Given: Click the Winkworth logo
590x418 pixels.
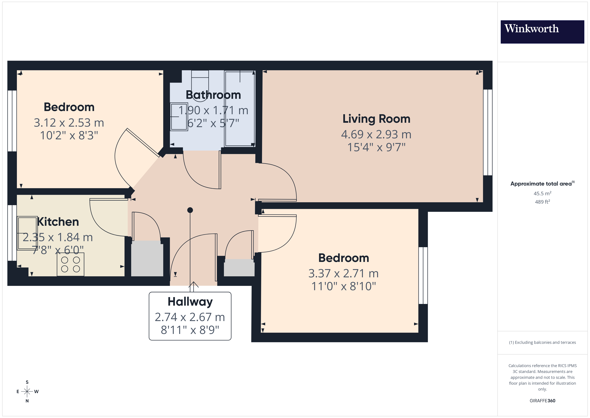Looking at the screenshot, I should (542, 32).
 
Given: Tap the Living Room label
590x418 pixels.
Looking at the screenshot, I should (376, 119).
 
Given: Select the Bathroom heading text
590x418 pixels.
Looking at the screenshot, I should (213, 95).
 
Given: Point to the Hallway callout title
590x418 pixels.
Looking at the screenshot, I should (190, 302).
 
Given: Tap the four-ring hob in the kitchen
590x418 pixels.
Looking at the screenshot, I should (70, 264).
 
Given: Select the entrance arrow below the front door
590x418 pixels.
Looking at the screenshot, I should (193, 286).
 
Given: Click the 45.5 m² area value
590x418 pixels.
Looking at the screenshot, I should (542, 193).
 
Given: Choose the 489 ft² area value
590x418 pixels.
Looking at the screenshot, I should (542, 202).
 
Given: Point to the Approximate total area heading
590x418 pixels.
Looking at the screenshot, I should (542, 184).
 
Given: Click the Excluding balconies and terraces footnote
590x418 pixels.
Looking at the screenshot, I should (542, 342).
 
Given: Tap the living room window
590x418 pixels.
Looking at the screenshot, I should (487, 133).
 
